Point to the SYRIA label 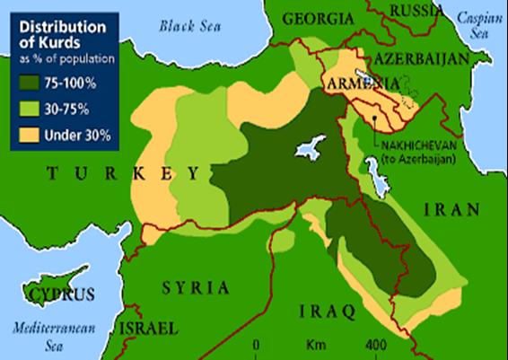pyautogui.click(x=191, y=287)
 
